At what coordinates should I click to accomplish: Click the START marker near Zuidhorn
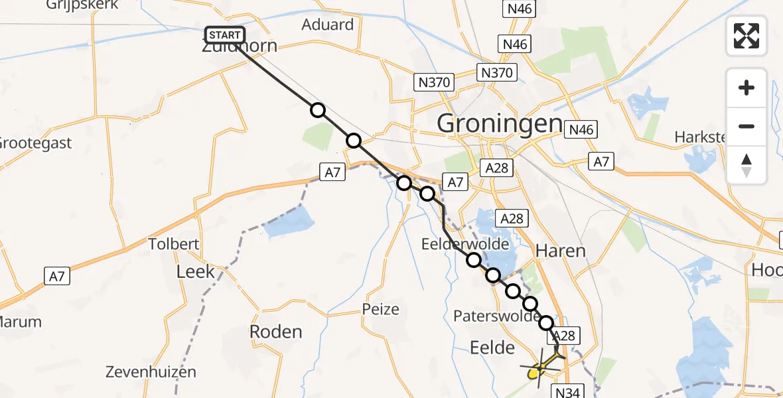[226, 34]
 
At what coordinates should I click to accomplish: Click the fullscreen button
[747, 36]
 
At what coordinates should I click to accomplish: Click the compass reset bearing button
[747, 165]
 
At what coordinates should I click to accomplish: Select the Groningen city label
[499, 123]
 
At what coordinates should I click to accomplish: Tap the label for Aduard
[327, 25]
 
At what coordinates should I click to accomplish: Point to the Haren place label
[560, 251]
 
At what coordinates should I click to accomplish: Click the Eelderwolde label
[464, 244]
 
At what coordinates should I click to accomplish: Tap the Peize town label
[381, 309]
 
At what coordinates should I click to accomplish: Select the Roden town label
[275, 332]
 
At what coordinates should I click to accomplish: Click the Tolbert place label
[174, 244]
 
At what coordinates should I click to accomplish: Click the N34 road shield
[566, 392]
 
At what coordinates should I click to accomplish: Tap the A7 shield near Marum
[56, 276]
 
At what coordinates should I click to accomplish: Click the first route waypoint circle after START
[319, 110]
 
